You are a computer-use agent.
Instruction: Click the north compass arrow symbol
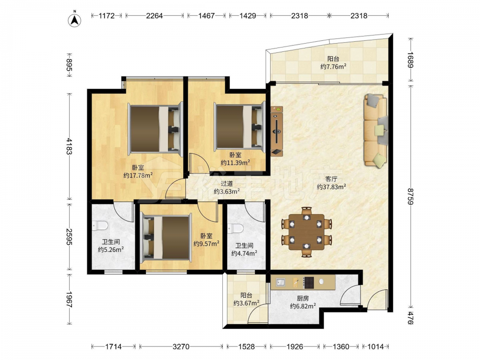tap(74, 19)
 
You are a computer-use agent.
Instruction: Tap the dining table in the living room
tap(306, 231)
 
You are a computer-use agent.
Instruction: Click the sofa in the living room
tap(376, 131)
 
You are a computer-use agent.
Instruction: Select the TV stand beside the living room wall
tap(277, 131)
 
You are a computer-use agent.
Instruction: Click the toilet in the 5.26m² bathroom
tap(100, 226)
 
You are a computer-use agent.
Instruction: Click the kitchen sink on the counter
tap(280, 282)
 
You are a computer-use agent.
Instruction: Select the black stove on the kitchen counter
tap(309, 283)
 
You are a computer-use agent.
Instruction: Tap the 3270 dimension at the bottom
tap(181, 347)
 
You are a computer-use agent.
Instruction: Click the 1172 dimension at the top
tap(107, 16)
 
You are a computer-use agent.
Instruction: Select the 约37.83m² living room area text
tap(332, 187)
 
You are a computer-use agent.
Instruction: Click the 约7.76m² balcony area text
tap(334, 66)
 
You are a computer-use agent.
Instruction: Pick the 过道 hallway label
tap(227, 184)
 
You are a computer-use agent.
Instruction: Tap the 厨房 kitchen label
tap(303, 298)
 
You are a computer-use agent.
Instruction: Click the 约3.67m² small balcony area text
tap(246, 303)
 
